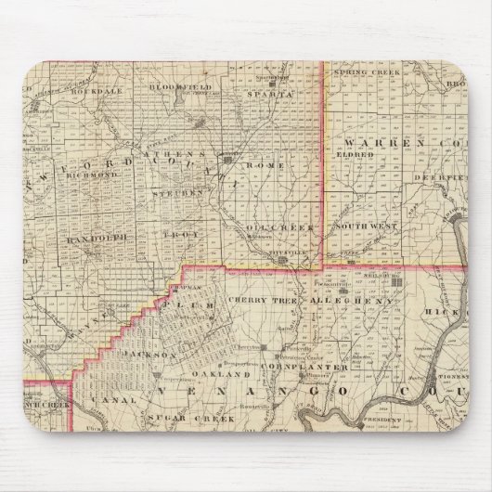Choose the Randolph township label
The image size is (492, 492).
[x=95, y=237]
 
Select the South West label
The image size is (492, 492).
[x=364, y=227]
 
